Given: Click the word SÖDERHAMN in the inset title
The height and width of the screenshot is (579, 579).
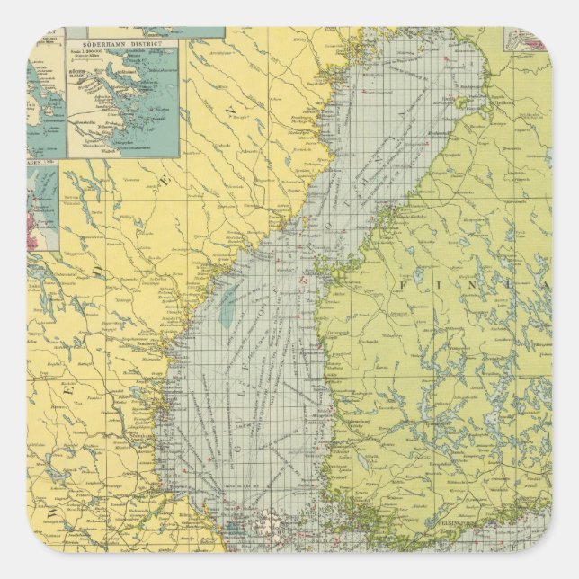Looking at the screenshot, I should [101, 41].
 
